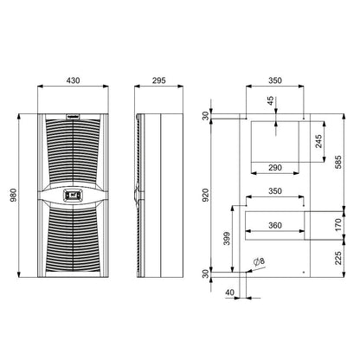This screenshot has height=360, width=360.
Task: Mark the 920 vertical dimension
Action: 206,196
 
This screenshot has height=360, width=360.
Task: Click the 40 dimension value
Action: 228,292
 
